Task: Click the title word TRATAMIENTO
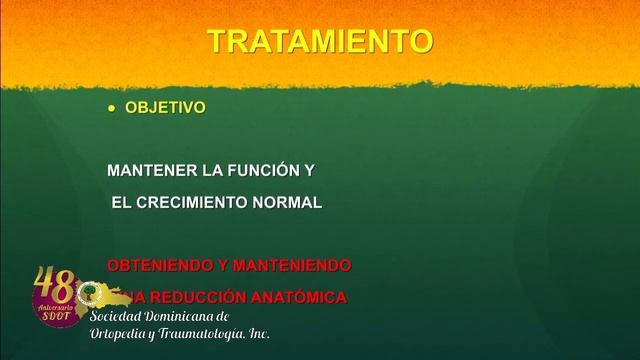click(x=320, y=41)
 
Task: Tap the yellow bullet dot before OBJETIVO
click(x=112, y=108)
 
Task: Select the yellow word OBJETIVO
click(x=165, y=108)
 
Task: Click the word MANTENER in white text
click(x=145, y=171)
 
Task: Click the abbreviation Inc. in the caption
click(x=259, y=333)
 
